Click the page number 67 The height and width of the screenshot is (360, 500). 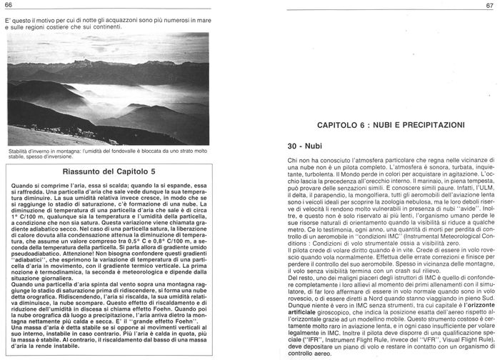[488, 6]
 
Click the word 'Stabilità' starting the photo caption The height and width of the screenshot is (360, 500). [21, 152]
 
